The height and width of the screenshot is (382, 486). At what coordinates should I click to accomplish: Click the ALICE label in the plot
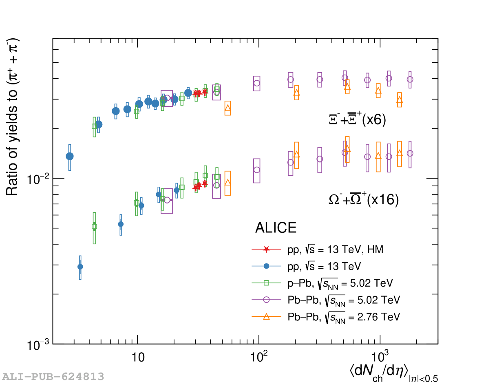click(x=276, y=228)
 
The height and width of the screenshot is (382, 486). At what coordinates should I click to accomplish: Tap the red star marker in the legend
click(x=266, y=249)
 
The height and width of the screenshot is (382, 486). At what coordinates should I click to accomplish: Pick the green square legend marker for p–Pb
click(x=266, y=283)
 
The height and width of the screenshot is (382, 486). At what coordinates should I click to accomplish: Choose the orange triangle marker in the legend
click(x=266, y=316)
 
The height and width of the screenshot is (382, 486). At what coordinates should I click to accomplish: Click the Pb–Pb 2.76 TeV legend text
click(x=344, y=317)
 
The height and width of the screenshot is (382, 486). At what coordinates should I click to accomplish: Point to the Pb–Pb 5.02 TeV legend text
click(x=344, y=300)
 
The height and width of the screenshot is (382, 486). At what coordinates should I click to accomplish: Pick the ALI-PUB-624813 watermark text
click(x=53, y=376)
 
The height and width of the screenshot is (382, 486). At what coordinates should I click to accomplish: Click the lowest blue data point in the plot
click(x=80, y=267)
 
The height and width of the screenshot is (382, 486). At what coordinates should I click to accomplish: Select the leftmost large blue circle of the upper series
click(x=70, y=156)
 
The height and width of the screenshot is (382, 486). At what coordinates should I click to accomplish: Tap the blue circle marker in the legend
click(x=266, y=266)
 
